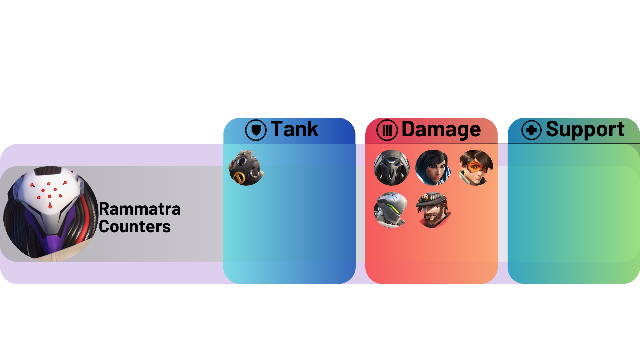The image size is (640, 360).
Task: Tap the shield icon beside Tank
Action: (x=256, y=130)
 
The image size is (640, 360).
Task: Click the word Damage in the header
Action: (x=441, y=130)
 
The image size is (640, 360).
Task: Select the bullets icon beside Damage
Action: (x=387, y=130)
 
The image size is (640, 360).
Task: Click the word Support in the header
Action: (x=585, y=130)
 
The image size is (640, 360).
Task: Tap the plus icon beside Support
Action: (x=531, y=130)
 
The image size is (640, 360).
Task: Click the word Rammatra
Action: (x=140, y=209)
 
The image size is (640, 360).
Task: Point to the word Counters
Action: (x=135, y=227)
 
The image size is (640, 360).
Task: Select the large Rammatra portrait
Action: (x=51, y=214)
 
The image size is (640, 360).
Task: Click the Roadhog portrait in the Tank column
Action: (x=246, y=168)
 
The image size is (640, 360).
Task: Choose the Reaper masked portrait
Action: (x=392, y=168)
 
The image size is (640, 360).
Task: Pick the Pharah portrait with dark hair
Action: (x=433, y=168)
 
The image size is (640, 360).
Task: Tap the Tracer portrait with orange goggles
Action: (x=475, y=168)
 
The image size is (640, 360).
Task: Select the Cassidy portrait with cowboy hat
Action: (x=433, y=210)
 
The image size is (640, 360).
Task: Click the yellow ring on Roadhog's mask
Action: (x=239, y=178)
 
